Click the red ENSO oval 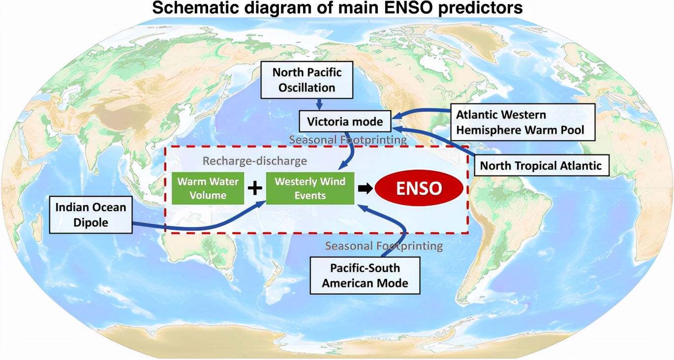(419, 188)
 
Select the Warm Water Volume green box (208, 188)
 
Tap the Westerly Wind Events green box (310, 188)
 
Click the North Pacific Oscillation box (306, 80)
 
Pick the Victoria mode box (345, 121)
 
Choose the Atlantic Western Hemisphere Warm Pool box (522, 122)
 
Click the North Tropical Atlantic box (542, 165)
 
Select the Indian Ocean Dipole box (91, 215)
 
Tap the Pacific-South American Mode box (365, 275)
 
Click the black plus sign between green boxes (255, 188)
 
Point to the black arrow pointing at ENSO (365, 188)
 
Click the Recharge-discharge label (254, 161)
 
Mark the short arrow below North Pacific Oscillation (320, 104)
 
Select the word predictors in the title (480, 8)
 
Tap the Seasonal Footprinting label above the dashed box (348, 140)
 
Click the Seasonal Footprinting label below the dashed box (384, 246)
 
